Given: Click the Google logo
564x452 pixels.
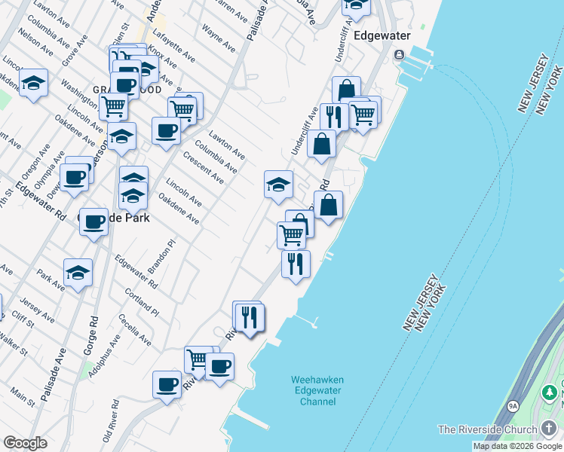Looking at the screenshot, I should pyautogui.click(x=25, y=443).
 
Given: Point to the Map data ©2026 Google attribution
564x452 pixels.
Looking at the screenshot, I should pyautogui.click(x=517, y=446).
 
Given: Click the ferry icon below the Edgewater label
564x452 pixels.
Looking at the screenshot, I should pyautogui.click(x=399, y=53).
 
